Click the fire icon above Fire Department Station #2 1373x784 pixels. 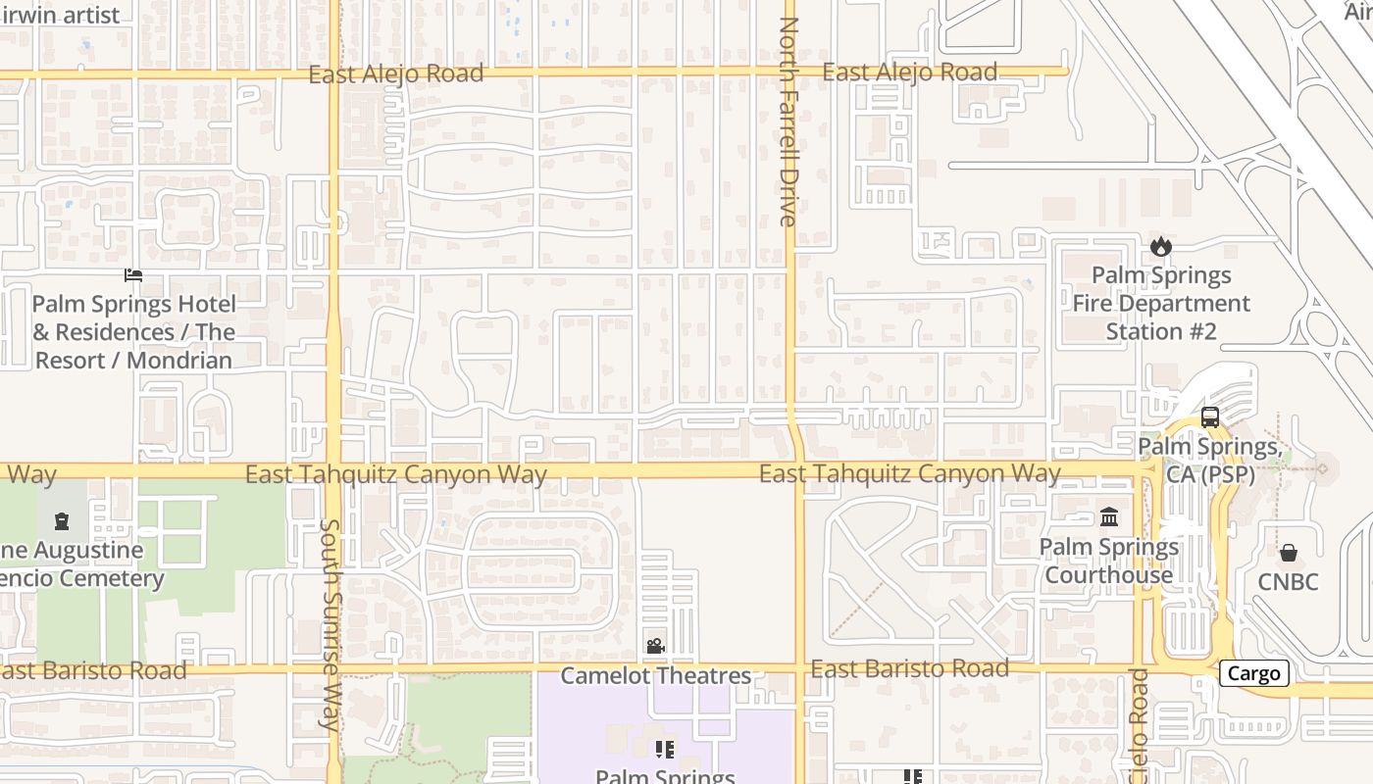coord(1161,246)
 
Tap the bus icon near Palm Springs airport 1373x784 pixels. coord(1209,416)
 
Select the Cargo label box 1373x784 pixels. coord(1253,673)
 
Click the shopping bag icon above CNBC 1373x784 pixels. coord(1289,553)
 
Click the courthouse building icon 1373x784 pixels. coord(1109,516)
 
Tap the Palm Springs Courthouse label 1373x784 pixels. coord(1108,561)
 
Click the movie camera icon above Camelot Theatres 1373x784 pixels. coord(655,646)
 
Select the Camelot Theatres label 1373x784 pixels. coord(655,675)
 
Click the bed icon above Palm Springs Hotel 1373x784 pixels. coord(133,275)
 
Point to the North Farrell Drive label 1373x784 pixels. coord(788,122)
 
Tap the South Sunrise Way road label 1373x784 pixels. coord(330,623)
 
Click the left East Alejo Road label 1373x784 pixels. coord(395,73)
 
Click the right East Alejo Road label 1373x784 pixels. coord(909,73)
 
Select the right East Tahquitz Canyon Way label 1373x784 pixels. coord(909,474)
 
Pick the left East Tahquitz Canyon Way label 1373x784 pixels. coord(395,475)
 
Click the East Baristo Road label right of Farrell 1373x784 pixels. coord(909,668)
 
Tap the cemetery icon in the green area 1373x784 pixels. coord(62,520)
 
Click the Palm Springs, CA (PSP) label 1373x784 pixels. coord(1207,460)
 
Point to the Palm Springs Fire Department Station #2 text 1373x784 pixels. coord(1161,303)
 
